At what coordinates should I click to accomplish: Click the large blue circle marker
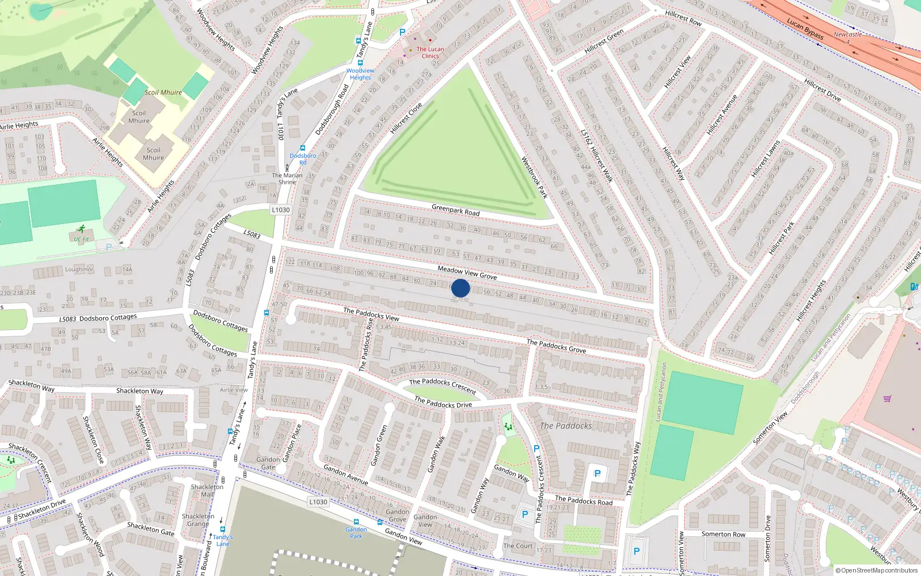461,288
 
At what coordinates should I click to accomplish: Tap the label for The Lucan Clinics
430,52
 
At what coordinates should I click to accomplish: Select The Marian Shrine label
287,179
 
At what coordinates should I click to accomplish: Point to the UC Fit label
81,239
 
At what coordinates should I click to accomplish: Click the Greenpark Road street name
455,210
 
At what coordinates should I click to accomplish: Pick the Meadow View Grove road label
467,272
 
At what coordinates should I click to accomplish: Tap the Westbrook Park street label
534,177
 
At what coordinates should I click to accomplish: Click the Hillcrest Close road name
406,118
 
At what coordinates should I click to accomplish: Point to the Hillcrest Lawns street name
766,158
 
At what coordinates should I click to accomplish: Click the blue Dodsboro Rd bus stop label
303,159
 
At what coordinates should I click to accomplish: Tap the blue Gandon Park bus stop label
356,532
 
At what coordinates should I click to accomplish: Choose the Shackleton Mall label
207,490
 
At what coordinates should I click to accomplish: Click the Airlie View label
234,390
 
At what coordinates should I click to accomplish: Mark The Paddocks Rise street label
366,344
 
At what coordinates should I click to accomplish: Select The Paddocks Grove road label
556,346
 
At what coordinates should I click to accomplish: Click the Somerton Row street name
723,534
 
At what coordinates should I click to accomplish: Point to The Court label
518,545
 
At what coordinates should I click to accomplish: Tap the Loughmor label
79,270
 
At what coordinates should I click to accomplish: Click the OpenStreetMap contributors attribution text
876,570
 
